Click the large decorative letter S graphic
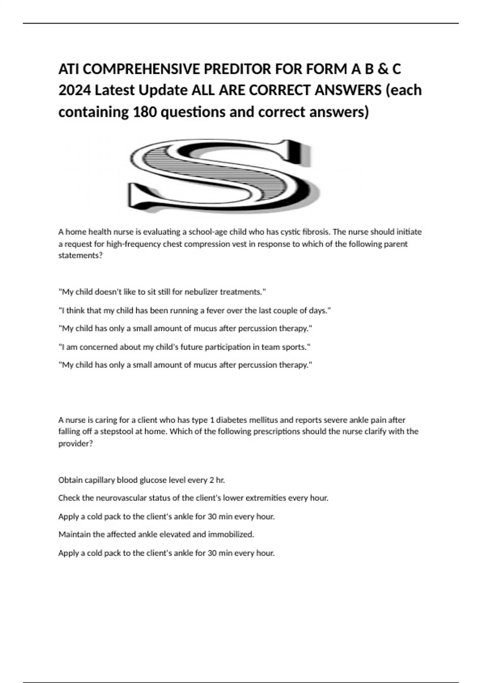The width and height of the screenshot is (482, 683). tap(223, 176)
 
